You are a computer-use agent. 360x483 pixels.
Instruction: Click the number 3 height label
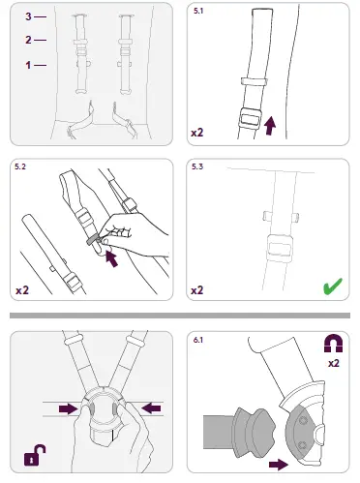29,16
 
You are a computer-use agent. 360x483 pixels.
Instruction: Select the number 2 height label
29,40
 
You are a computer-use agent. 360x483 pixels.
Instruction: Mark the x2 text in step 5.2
23,288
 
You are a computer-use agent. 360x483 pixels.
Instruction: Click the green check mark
331,287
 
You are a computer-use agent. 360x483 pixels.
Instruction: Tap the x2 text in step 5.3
197,288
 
